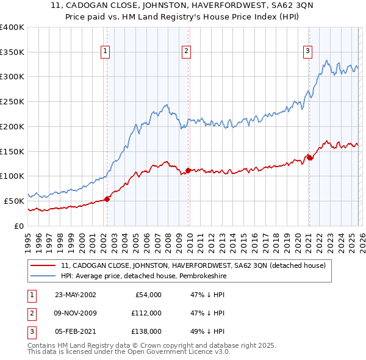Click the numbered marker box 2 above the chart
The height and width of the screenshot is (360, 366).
(x=186, y=52)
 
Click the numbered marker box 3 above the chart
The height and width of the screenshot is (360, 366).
(x=308, y=52)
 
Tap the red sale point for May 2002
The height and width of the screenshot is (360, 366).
(x=107, y=198)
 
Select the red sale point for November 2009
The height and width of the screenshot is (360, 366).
(x=188, y=170)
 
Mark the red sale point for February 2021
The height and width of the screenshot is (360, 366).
(x=309, y=157)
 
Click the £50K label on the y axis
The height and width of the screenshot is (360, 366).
(x=14, y=200)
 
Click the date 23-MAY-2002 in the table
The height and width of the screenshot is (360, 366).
(x=75, y=295)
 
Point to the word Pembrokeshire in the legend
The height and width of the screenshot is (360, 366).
(x=201, y=276)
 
